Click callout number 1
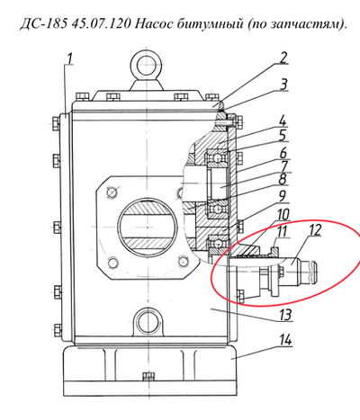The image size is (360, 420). pyautogui.click(x=69, y=59)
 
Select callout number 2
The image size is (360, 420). pyautogui.click(x=283, y=58)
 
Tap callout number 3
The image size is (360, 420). pyautogui.click(x=283, y=85)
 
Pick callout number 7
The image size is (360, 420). pyautogui.click(x=283, y=167)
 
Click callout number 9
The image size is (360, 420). pyautogui.click(x=283, y=196)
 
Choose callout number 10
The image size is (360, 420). pyautogui.click(x=283, y=215)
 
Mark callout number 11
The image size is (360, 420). pyautogui.click(x=282, y=232)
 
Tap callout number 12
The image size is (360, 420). pyautogui.click(x=314, y=230)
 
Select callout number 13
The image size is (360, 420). pyautogui.click(x=285, y=315)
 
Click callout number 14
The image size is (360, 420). pyautogui.click(x=285, y=340)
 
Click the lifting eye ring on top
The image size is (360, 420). pyautogui.click(x=147, y=64)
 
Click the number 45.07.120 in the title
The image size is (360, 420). pyautogui.click(x=101, y=24)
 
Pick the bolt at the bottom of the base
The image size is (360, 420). pyautogui.click(x=148, y=376)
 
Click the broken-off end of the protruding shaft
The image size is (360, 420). pyautogui.click(x=318, y=269)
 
